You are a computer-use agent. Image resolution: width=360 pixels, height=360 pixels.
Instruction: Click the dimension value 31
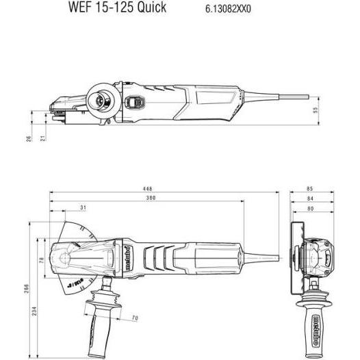coord(83,208)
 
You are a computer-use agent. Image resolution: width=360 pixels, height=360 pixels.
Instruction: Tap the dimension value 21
coord(42,139)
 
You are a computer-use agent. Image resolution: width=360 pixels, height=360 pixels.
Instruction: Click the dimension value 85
coord(310,189)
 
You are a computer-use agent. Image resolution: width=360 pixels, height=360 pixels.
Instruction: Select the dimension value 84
coord(310,198)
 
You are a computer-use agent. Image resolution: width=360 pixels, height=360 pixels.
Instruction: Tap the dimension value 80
coord(310,208)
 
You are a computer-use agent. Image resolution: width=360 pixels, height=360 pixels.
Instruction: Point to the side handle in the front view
coord(310,315)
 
